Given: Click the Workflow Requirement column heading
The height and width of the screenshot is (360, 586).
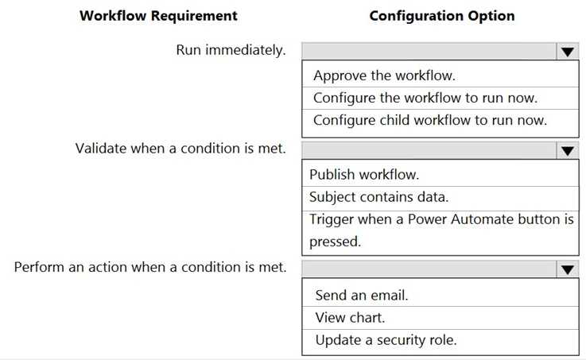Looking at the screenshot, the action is (158, 16).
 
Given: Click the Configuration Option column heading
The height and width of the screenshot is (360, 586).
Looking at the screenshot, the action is (442, 16).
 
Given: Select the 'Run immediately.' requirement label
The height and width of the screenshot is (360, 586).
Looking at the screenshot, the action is (231, 50).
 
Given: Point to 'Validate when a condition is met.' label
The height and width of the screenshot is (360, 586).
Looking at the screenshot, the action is (180, 149).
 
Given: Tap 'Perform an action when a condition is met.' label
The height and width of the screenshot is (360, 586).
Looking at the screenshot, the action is (150, 267).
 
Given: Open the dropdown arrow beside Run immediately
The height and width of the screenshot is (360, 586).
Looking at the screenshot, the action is (567, 52).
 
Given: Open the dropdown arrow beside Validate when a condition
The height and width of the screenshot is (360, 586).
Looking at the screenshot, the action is (567, 150).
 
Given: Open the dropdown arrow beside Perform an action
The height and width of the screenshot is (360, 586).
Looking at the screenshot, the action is (567, 269).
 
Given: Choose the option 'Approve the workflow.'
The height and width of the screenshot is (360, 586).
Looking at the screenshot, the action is (384, 75).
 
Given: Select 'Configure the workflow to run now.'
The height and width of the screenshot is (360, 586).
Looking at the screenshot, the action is (425, 99).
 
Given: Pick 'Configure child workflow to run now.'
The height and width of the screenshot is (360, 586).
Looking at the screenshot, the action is (430, 120).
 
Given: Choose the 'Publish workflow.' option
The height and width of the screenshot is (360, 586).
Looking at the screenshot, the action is (364, 175).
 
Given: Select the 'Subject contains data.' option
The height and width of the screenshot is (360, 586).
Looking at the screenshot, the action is (378, 197).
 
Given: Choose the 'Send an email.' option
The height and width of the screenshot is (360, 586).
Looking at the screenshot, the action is (362, 296).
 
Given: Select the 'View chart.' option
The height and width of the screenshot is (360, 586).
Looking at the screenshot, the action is (350, 318).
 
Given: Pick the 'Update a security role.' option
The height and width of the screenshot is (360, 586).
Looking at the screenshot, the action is (386, 340).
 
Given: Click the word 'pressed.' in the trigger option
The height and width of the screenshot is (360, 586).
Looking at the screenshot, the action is (335, 242).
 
